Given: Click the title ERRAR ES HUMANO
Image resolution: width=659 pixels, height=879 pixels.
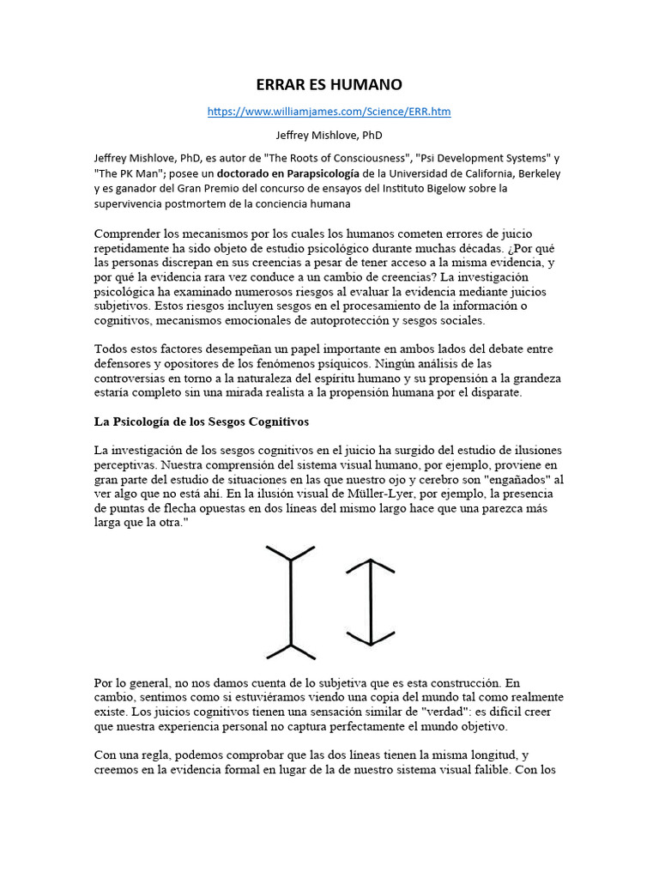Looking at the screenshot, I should tap(329, 85).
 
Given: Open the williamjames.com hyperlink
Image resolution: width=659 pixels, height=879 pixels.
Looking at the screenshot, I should tap(329, 112).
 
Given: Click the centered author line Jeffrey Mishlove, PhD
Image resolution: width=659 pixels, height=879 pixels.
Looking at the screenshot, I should tap(329, 135).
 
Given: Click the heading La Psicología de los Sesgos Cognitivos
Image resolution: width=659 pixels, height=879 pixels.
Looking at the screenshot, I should tap(202, 422).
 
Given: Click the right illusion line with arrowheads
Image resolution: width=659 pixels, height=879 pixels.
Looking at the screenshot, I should tap(371, 601).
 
